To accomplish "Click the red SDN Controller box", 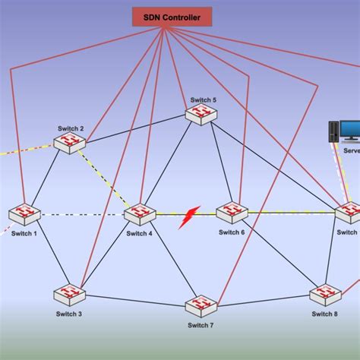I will click(x=172, y=17).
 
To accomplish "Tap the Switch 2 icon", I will click(x=71, y=142).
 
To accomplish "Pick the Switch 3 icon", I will click(x=69, y=294).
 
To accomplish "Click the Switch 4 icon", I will click(x=139, y=215).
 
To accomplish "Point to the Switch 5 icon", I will click(x=202, y=115).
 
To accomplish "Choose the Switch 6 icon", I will click(x=231, y=213).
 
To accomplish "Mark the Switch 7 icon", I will click(x=201, y=307).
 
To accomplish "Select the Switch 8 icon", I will click(x=325, y=294).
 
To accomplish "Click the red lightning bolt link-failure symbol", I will click(x=189, y=216).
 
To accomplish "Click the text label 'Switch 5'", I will click(x=203, y=99).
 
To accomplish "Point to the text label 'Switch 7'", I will click(x=201, y=325).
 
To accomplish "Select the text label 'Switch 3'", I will click(x=69, y=313).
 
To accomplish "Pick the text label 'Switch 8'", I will click(x=325, y=313).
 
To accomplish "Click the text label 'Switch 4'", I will click(x=139, y=233).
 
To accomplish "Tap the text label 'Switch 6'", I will click(x=231, y=232).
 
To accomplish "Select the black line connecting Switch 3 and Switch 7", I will click(x=134, y=300).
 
